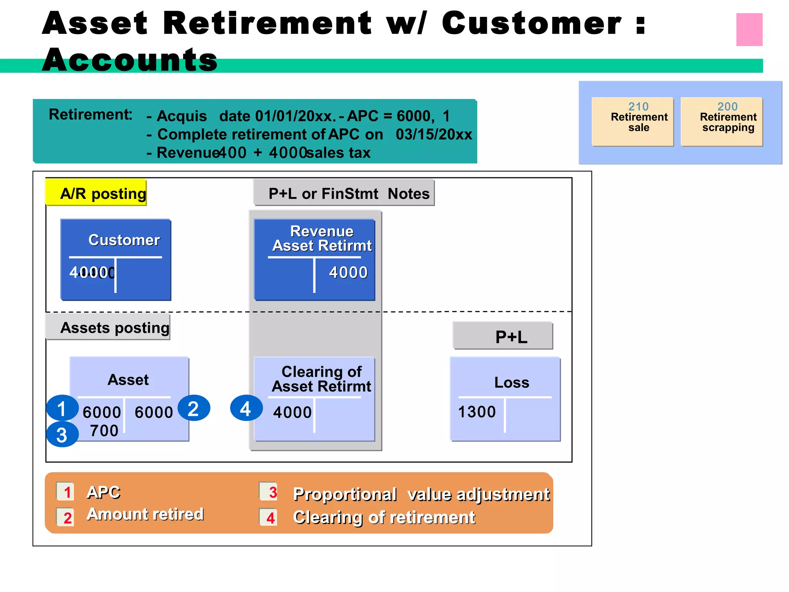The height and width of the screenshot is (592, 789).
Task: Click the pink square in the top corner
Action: (x=749, y=30)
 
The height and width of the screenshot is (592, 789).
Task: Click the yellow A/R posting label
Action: (x=96, y=193)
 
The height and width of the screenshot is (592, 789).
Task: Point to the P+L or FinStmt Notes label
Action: (x=344, y=193)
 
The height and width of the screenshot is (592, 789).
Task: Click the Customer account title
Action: (x=124, y=240)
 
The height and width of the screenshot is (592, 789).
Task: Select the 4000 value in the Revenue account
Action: (x=348, y=272)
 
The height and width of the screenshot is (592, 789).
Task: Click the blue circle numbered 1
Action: (x=62, y=408)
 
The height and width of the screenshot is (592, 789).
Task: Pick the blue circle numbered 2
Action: (x=193, y=408)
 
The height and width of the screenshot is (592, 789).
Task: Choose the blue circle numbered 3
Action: (x=62, y=435)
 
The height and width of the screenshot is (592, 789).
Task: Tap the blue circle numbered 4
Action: (x=246, y=408)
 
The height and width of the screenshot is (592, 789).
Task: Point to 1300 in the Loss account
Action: (x=477, y=412)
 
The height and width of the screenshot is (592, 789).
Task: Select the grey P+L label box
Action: (x=503, y=336)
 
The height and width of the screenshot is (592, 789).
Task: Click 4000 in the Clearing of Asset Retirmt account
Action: (x=292, y=412)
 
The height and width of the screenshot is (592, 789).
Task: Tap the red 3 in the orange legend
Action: (x=273, y=492)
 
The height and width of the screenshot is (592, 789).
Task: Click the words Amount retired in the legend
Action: (x=145, y=514)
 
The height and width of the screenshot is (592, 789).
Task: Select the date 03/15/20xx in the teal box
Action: (x=433, y=135)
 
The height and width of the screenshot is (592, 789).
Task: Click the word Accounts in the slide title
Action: (x=130, y=60)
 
